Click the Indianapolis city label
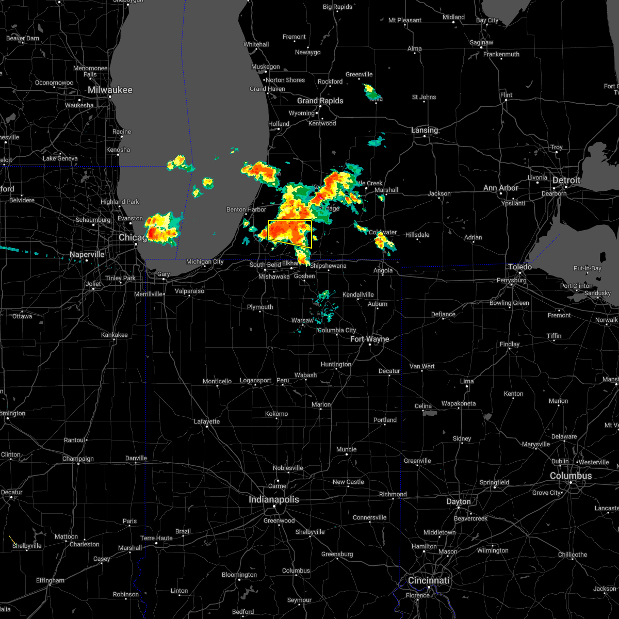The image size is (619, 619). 273,499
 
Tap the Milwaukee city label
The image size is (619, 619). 110,90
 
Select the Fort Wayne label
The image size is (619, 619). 369,339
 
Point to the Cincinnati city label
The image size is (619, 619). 429,580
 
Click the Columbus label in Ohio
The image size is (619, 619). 571,476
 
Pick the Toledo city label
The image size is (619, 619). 520,267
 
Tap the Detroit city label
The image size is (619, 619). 566,180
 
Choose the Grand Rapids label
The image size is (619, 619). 320,101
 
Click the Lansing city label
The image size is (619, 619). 425,131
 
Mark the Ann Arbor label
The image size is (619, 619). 500,188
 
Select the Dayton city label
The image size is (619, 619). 459,501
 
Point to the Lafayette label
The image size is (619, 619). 207,421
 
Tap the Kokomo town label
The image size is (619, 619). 276,414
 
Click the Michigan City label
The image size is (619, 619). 205,262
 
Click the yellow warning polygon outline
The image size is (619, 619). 290,221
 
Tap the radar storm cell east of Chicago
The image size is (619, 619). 162,227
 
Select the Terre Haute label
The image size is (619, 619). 157,538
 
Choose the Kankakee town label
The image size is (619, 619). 115,335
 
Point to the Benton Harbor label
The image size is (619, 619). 246,209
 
